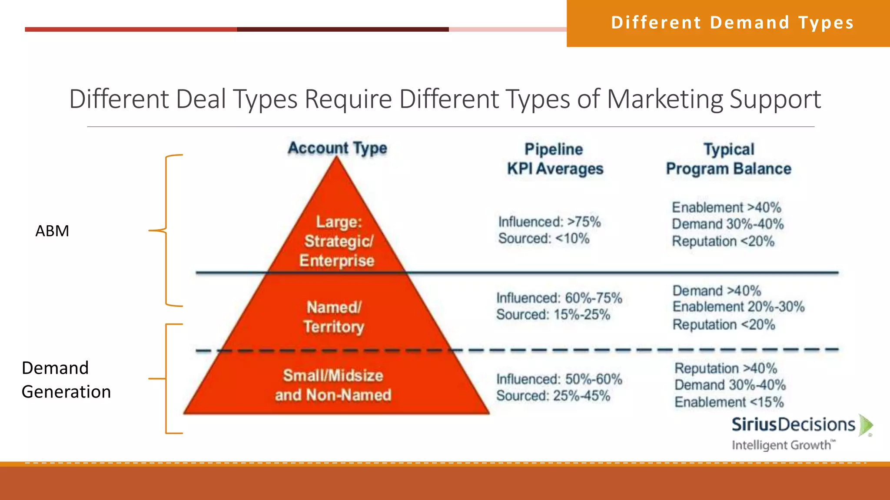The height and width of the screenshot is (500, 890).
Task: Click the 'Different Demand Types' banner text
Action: [732, 23]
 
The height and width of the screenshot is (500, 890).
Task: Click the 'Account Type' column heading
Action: [337, 148]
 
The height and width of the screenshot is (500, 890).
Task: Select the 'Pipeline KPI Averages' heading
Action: [555, 159]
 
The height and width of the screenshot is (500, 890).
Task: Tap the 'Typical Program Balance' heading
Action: [729, 159]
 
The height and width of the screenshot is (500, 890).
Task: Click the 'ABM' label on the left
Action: [52, 231]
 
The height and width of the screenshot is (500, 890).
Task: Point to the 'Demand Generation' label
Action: [66, 380]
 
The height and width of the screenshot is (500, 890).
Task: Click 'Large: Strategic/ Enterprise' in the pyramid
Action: [338, 241]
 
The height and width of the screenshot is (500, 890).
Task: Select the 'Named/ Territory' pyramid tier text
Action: [334, 317]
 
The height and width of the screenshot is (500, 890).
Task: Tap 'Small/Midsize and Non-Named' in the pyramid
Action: [333, 385]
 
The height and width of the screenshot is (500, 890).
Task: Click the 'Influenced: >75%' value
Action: [549, 222]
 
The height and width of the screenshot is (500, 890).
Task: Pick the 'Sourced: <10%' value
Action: [544, 238]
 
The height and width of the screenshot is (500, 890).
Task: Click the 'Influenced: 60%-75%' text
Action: [559, 298]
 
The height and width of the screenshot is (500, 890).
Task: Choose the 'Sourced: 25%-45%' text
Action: [553, 396]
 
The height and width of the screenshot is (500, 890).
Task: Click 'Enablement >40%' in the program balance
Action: [727, 207]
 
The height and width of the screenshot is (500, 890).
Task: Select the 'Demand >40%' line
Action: [717, 290]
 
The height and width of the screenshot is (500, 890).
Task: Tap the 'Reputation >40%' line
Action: [725, 368]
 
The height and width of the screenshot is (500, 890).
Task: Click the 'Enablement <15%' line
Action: [729, 402]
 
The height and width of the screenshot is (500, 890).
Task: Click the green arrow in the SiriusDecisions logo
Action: [865, 425]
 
